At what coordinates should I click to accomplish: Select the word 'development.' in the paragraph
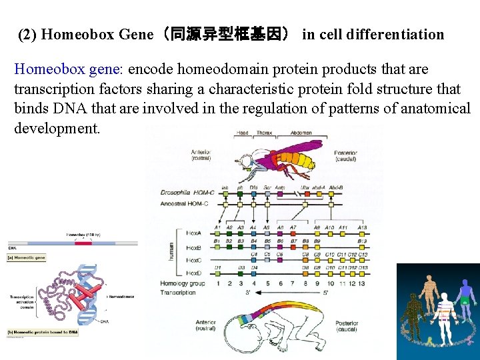[x=57, y=127]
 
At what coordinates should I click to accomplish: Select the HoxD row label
[x=194, y=273]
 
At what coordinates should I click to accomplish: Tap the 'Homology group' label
[x=183, y=284]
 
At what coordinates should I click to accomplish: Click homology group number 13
[x=362, y=284]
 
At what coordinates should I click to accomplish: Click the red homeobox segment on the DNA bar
[x=83, y=243]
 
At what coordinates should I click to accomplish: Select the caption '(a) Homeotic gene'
[x=28, y=257]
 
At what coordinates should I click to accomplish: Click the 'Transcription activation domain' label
[x=22, y=301]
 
